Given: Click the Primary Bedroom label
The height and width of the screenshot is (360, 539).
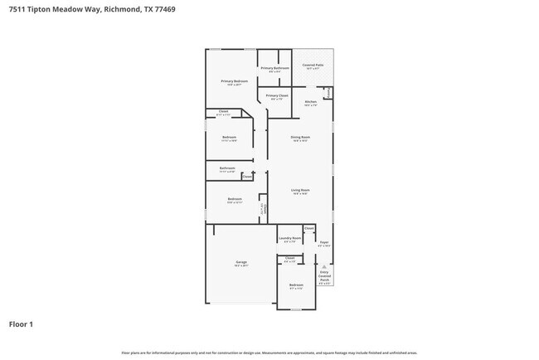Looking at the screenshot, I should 234,81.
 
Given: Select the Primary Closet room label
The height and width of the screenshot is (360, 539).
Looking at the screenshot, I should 277,96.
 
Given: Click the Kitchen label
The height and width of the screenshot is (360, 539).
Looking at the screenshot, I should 310,103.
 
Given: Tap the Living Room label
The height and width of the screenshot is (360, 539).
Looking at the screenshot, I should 299,191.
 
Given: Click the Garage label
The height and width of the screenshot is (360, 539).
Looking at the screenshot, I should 240,262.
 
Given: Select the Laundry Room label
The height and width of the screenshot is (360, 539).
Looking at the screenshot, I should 289,238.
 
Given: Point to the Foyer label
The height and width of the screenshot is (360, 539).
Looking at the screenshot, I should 324,244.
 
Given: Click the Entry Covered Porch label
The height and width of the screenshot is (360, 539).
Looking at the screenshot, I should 324,276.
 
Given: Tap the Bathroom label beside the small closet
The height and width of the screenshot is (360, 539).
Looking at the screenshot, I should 227,168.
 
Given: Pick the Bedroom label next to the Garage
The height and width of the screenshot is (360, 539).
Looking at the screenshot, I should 296,285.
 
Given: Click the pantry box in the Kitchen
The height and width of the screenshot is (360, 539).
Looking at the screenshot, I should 329,93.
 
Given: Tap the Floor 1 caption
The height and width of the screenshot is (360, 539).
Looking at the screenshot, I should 21,324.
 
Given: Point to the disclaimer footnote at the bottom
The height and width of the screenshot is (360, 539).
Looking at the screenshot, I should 269,353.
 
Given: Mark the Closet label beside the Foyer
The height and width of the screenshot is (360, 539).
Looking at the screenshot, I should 308,227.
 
